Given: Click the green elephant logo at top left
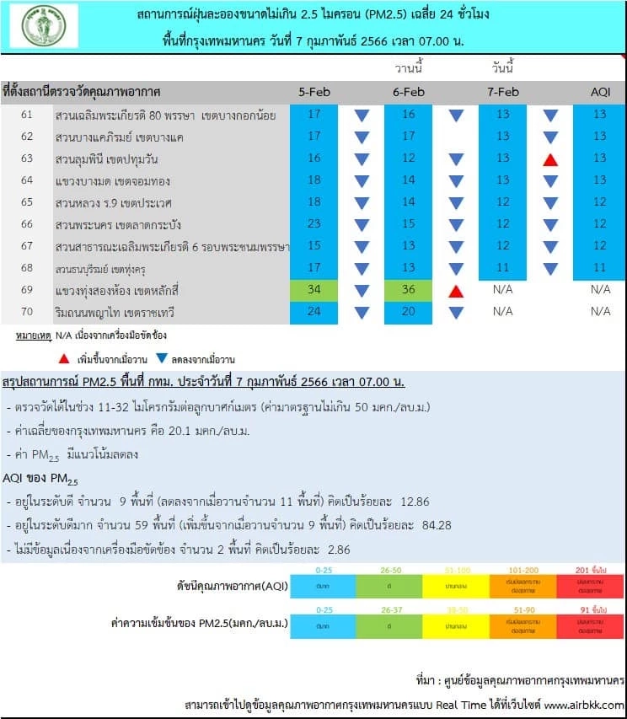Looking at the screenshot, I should click(45, 25).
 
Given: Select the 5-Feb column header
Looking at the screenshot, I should click(313, 92).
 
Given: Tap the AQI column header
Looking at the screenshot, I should click(600, 92).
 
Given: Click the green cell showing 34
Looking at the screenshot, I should click(313, 290).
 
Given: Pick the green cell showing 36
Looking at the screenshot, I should click(408, 290).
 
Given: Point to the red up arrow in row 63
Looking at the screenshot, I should click(550, 159).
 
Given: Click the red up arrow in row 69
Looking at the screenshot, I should click(456, 291).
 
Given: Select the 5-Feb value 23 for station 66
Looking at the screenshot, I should click(313, 224).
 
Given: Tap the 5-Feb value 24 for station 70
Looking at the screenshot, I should click(313, 312).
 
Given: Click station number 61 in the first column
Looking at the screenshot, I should click(27, 115).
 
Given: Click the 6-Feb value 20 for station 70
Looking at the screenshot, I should click(408, 312).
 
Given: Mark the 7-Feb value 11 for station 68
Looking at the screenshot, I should click(502, 268).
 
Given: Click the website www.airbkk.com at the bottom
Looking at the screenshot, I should click(583, 704).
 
